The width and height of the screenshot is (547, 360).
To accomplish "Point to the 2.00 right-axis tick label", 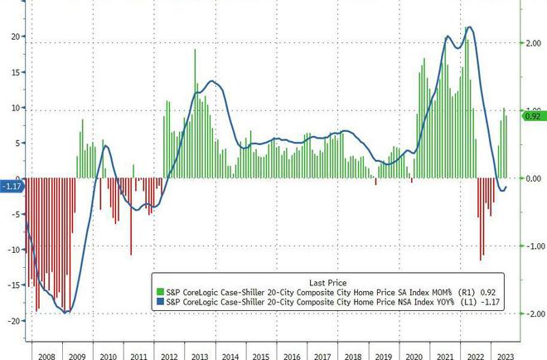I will [535, 43].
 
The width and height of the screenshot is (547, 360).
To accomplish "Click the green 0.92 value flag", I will [532, 116].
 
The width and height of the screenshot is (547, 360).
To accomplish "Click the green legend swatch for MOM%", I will [159, 291].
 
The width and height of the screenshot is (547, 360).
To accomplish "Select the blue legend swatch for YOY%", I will [159, 302].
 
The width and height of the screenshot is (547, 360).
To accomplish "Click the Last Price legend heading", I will [327, 280].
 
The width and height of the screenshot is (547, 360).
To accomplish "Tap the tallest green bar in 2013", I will [196, 51].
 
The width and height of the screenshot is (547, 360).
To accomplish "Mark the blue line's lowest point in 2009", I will [67, 313].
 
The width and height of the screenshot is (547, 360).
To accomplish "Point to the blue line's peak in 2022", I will [470, 27].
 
